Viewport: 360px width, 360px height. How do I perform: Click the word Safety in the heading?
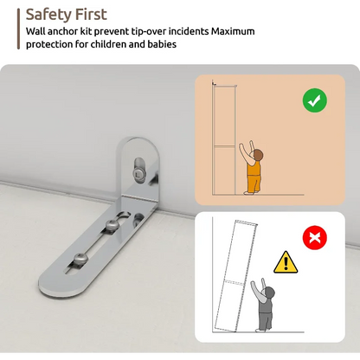pyautogui.click(x=48, y=15)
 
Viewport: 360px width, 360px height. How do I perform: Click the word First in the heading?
pyautogui.click(x=91, y=14)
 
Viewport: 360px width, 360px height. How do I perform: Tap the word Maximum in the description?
pyautogui.click(x=233, y=31)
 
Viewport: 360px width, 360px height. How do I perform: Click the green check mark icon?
pyautogui.click(x=315, y=100)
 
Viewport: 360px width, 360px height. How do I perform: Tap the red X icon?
pyautogui.click(x=315, y=238)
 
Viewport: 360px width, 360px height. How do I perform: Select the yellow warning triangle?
pyautogui.click(x=286, y=262)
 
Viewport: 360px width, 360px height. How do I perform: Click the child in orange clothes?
pyautogui.click(x=252, y=169)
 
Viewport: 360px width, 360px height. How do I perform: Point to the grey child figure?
pyautogui.click(x=263, y=306)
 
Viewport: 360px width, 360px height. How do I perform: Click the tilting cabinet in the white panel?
pyautogui.click(x=235, y=276)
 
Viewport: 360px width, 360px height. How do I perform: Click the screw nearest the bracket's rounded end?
pyautogui.click(x=79, y=258)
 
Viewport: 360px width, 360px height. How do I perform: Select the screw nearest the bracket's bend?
pyautogui.click(x=112, y=225)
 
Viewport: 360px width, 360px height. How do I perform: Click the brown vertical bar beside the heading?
pyautogui.click(x=18, y=29)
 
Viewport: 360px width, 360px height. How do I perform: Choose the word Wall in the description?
pyautogui.click(x=35, y=31)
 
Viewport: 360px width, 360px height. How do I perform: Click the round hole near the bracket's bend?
pyautogui.click(x=138, y=218)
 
